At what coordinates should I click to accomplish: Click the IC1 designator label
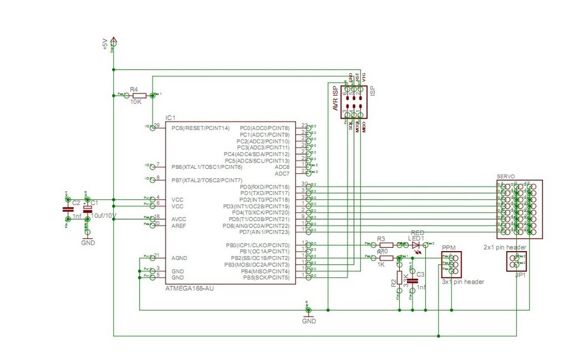coord(170,118)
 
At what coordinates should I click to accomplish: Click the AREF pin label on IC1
coord(178,226)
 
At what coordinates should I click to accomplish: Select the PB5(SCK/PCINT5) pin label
coord(265,278)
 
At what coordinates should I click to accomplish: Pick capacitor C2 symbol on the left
coord(68,209)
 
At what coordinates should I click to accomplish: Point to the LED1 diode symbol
coord(416,245)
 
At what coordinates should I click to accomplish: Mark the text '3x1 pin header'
coord(463,282)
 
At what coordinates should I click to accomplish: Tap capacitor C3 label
coord(420,275)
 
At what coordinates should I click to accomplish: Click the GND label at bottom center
coord(309,322)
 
